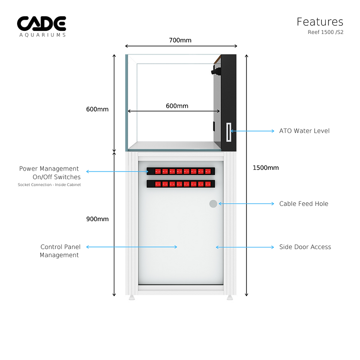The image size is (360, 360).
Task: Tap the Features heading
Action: pyautogui.click(x=320, y=21)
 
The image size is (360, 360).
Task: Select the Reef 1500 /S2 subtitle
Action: pyautogui.click(x=325, y=32)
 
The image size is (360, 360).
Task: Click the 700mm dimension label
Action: pyautogui.click(x=180, y=40)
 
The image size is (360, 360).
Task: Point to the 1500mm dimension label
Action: pyautogui.click(x=266, y=168)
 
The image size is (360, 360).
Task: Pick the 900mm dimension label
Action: pyautogui.click(x=97, y=219)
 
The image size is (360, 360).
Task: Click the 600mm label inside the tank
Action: pyautogui.click(x=177, y=106)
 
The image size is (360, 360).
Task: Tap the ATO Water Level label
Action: pyautogui.click(x=304, y=131)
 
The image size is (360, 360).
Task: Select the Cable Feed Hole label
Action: pyautogui.click(x=303, y=204)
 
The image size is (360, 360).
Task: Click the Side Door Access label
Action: pyautogui.click(x=305, y=247)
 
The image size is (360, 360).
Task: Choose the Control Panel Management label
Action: pyautogui.click(x=60, y=251)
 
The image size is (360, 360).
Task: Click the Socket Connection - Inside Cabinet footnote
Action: pyautogui.click(x=49, y=185)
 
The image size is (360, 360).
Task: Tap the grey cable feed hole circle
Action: pyautogui.click(x=213, y=204)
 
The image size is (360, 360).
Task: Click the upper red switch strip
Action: pyautogui.click(x=180, y=171)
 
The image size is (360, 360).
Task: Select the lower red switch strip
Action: pyautogui.click(x=180, y=184)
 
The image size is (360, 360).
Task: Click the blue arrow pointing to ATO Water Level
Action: pyautogui.click(x=253, y=131)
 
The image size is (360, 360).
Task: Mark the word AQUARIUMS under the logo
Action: pyautogui.click(x=42, y=35)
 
